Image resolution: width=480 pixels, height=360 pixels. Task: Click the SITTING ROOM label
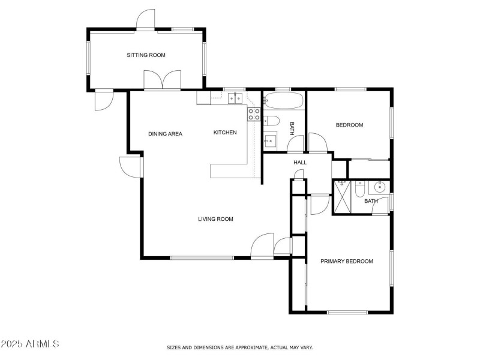(146, 55)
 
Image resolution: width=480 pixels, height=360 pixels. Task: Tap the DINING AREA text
(165, 134)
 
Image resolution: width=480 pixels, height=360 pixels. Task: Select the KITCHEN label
(225, 133)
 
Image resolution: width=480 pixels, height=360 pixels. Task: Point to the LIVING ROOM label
(215, 219)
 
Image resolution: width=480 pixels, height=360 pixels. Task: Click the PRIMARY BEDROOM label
(347, 261)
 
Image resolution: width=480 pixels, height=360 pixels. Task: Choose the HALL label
(300, 163)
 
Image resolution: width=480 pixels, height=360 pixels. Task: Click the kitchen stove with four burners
(254, 114)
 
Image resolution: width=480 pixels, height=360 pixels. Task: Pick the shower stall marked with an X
(342, 196)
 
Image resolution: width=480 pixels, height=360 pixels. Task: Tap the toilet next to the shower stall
(359, 189)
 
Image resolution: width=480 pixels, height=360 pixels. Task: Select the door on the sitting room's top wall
(146, 20)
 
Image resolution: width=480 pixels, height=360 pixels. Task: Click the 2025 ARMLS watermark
(30, 344)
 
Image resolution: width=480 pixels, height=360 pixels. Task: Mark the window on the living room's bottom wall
(202, 258)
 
